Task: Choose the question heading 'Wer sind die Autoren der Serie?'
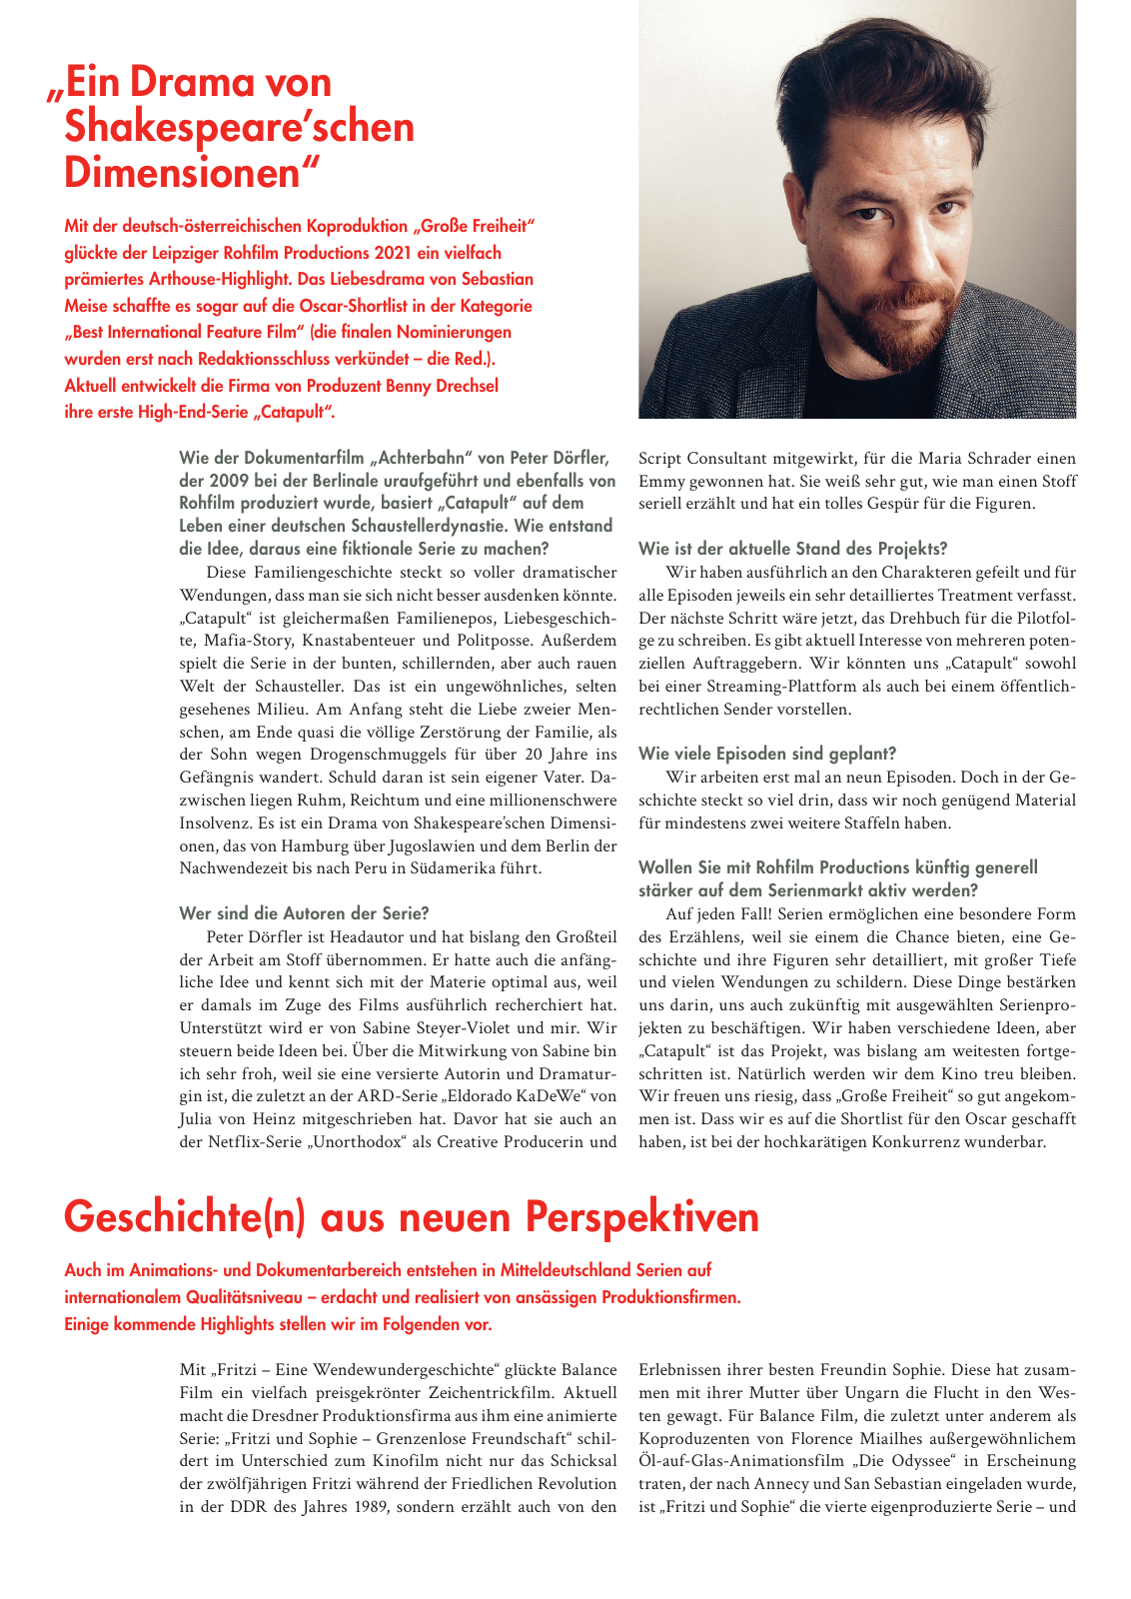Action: (x=304, y=912)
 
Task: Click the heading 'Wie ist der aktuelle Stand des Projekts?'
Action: (x=792, y=548)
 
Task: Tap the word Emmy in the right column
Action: (x=662, y=482)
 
